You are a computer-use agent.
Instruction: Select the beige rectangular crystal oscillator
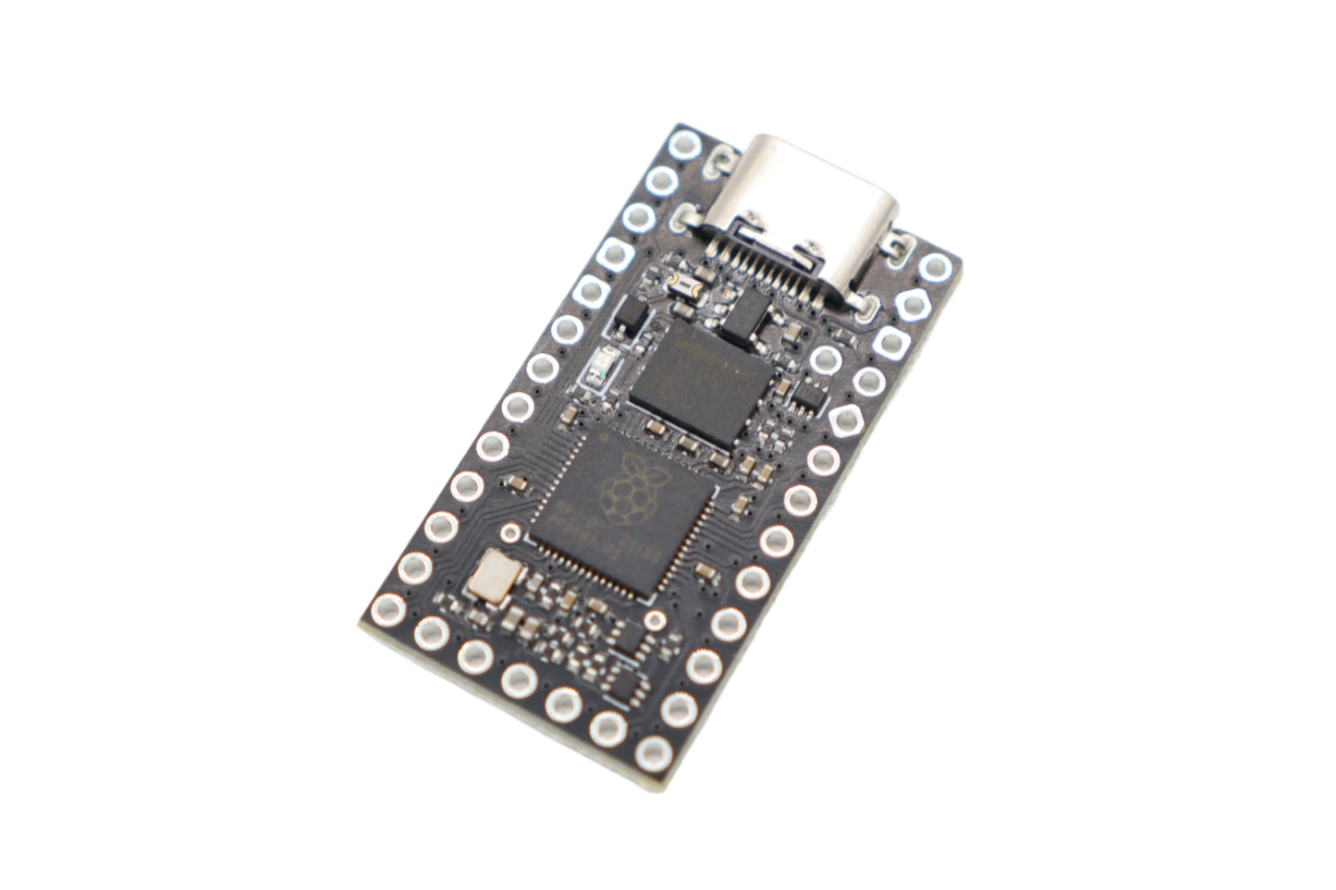click(491, 578)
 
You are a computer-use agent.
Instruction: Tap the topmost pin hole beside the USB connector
click(685, 144)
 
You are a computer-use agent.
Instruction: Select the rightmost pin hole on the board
click(935, 268)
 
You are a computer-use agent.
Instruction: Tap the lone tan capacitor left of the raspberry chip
click(516, 482)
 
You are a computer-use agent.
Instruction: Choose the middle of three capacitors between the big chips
click(686, 444)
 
